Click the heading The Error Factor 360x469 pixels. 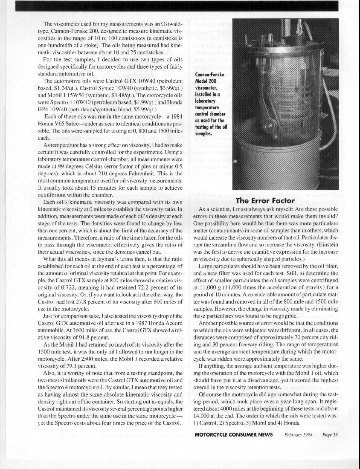tap(265, 200)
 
